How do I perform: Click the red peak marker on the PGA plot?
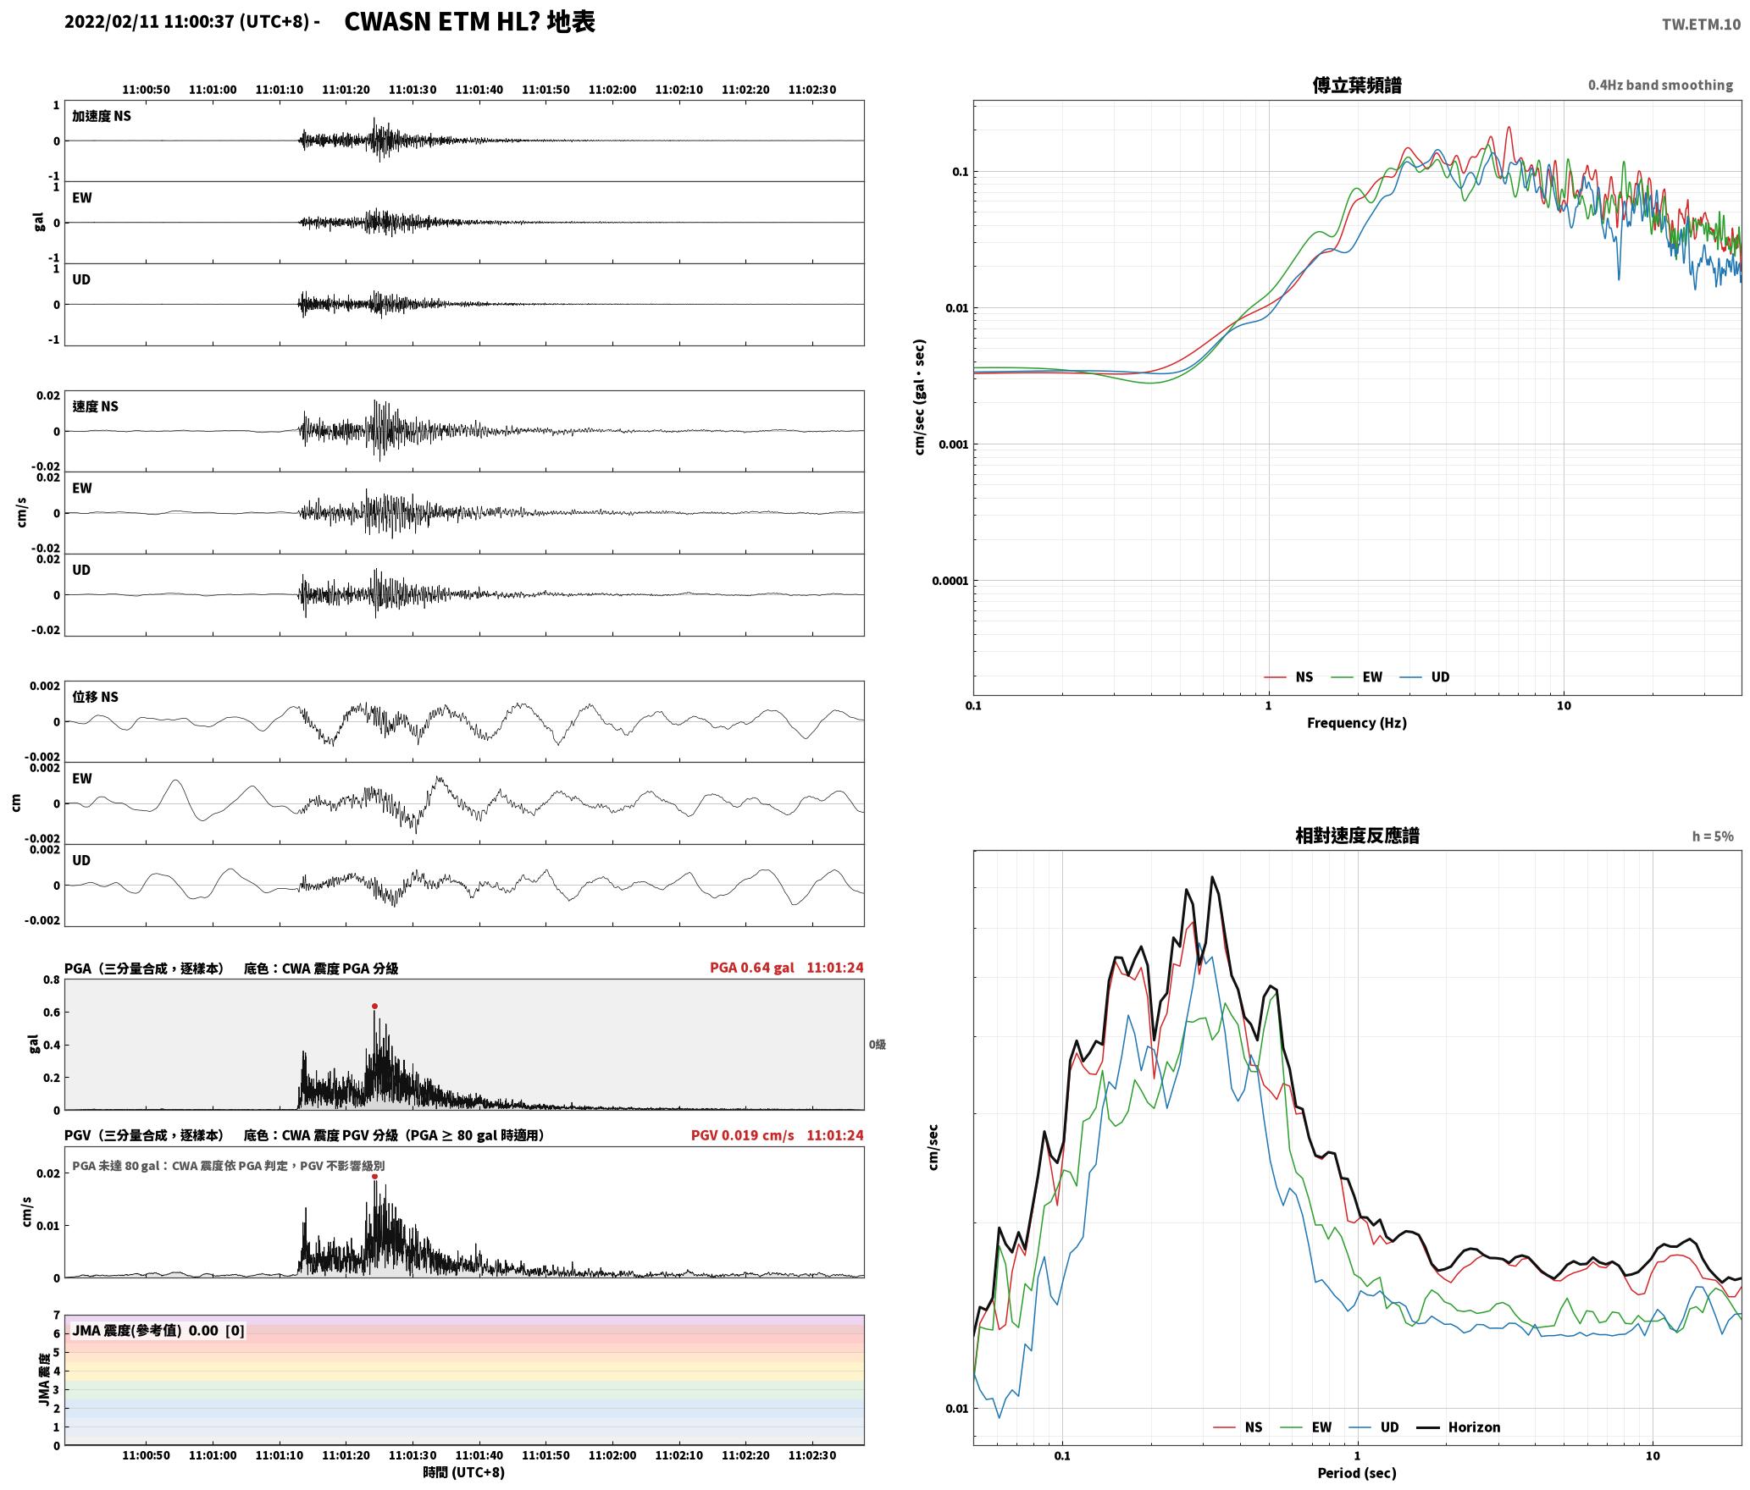(x=374, y=1007)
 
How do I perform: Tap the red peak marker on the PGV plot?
(x=374, y=1177)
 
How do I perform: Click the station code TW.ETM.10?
(x=1701, y=25)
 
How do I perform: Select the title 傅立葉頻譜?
(x=1357, y=86)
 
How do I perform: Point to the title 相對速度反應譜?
(x=1357, y=836)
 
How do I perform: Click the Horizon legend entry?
(x=1459, y=1427)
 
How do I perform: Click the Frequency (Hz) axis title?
(x=1357, y=723)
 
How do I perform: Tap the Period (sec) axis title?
(x=1357, y=1473)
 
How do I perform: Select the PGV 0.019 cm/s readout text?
(x=743, y=1135)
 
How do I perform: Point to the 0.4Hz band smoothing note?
(x=1660, y=86)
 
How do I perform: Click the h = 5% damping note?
(x=1713, y=836)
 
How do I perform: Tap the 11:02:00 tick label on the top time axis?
(x=612, y=90)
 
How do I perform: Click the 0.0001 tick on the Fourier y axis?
(x=950, y=581)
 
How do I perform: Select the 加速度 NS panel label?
(x=102, y=116)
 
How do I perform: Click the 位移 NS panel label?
(x=96, y=697)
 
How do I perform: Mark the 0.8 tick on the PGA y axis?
(x=52, y=980)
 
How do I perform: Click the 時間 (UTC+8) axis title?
(x=464, y=1472)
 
